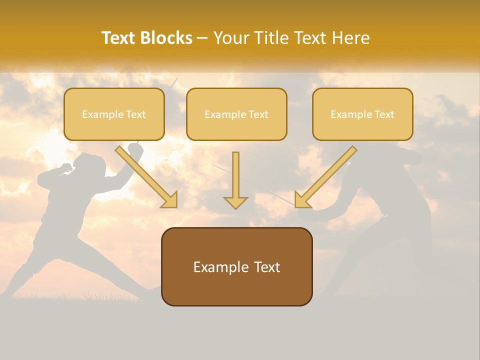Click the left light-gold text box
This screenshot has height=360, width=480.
pos(114,114)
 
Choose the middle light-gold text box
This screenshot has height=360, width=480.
pos(236,114)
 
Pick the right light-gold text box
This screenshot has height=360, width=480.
pos(362,114)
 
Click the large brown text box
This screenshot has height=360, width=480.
pos(236,266)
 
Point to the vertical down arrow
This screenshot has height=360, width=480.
pos(235,180)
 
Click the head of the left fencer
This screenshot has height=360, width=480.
pos(90,165)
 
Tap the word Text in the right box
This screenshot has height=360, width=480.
pos(384,114)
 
